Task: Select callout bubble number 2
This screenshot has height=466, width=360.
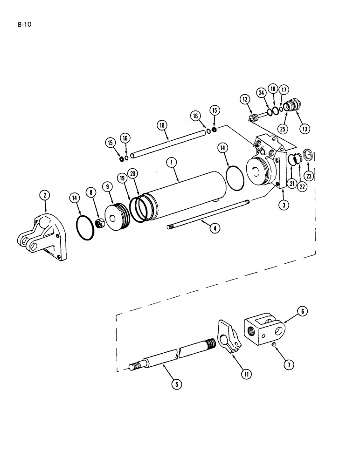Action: pyautogui.click(x=45, y=195)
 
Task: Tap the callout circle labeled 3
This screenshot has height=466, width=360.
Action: pyautogui.click(x=283, y=204)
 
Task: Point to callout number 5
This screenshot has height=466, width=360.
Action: pyautogui.click(x=176, y=384)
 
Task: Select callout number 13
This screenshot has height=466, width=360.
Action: pyautogui.click(x=305, y=129)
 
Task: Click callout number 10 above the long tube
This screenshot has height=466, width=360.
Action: pyautogui.click(x=162, y=125)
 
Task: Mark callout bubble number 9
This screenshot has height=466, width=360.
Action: pyautogui.click(x=108, y=187)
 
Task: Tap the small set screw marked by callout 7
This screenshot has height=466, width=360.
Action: pyautogui.click(x=274, y=345)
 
